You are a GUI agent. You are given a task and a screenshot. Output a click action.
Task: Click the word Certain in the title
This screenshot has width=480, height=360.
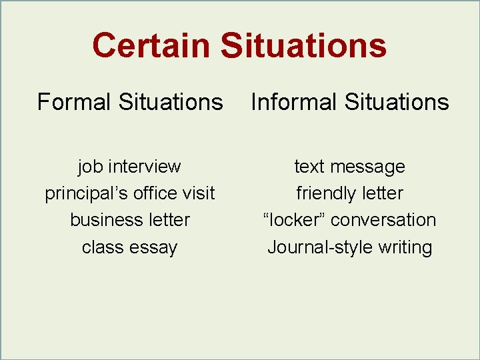pyautogui.click(x=151, y=46)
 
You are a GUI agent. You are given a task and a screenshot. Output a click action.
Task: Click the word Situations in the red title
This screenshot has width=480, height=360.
pyautogui.click(x=303, y=46)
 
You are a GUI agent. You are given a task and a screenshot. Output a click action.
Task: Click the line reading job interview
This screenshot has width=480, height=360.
pyautogui.click(x=129, y=166)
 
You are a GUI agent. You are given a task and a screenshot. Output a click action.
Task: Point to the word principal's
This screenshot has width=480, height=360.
pyautogui.click(x=85, y=193)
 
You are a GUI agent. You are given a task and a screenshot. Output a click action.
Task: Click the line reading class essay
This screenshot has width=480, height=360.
pyautogui.click(x=129, y=247)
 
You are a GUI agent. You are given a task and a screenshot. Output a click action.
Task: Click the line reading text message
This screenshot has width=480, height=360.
pyautogui.click(x=349, y=166)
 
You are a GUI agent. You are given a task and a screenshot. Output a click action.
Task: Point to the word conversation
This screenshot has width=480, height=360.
pyautogui.click(x=383, y=220)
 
